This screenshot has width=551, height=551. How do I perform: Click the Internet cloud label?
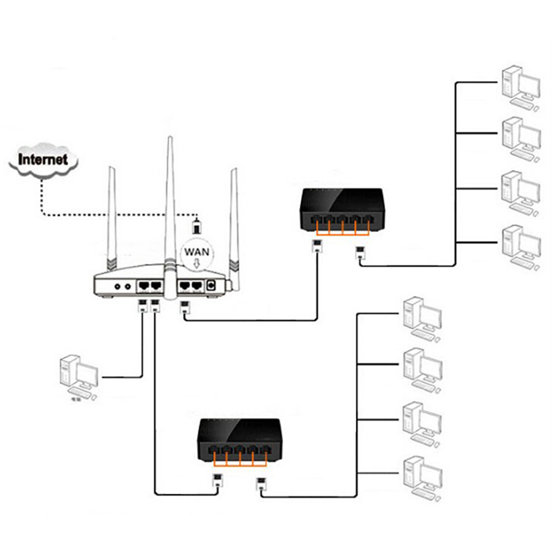pos(43,160)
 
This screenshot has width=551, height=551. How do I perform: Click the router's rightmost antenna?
pos(233,220)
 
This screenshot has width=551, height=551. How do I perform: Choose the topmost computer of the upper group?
pos(519,84)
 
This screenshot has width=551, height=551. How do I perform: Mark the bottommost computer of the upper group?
pos(519,245)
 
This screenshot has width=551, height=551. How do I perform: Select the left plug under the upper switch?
pos(318,247)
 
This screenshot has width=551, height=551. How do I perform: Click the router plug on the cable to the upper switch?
pos(184,308)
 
